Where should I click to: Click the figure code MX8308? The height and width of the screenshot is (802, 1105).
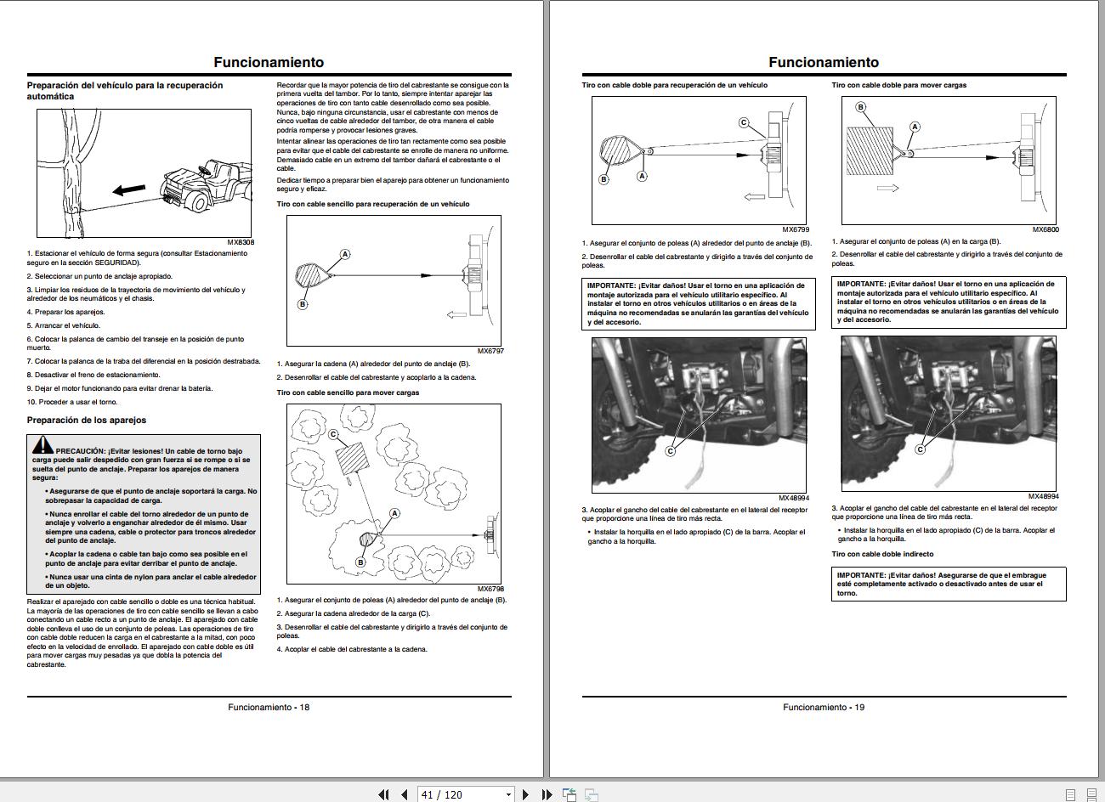pos(241,242)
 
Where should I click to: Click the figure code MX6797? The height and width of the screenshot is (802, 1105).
pos(490,351)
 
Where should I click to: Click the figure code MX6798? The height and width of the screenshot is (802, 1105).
pos(490,589)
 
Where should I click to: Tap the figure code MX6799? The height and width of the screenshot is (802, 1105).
pos(796,229)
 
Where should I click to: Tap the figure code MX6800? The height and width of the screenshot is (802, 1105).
pos(1045,229)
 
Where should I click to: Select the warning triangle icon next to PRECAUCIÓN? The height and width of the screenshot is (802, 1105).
pos(42,444)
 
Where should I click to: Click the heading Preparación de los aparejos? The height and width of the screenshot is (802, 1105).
pos(87,420)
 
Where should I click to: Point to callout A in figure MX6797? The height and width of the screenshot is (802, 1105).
pos(345,254)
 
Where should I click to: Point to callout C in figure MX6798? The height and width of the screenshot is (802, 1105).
pos(333,434)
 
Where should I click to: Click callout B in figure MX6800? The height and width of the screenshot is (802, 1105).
pos(860,107)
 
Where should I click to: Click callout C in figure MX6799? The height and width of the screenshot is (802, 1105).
pos(743,122)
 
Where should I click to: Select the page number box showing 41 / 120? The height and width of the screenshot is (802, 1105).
pos(466,794)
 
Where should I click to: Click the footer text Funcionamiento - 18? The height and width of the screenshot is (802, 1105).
pos(269,707)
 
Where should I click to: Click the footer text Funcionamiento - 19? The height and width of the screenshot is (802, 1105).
pos(823,707)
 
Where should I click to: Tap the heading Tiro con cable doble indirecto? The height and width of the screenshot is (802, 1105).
pos(882,554)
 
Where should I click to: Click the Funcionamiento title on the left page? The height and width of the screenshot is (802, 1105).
pos(269,62)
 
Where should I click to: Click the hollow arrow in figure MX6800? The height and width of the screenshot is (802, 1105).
pos(888,189)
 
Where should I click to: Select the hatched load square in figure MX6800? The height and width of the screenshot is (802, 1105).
pos(870,151)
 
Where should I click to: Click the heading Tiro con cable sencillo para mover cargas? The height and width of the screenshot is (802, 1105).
pos(348,393)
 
